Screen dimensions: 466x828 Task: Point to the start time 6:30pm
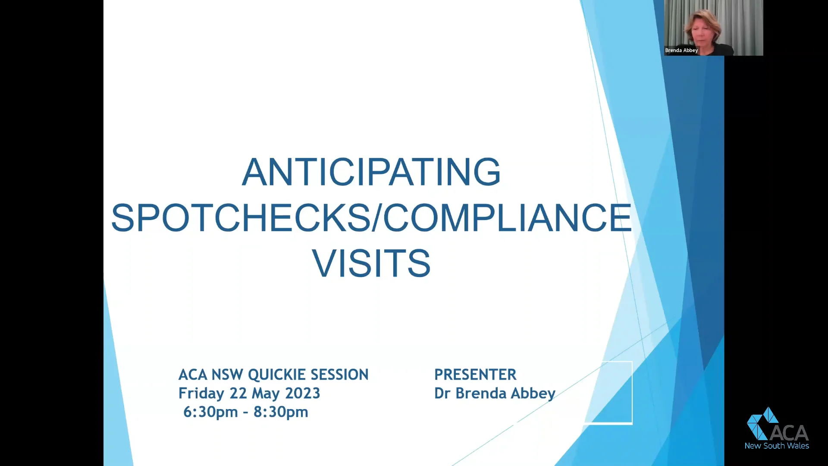pyautogui.click(x=210, y=412)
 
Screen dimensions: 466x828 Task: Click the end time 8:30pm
pyautogui.click(x=281, y=412)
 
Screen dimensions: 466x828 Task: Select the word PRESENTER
pyautogui.click(x=475, y=375)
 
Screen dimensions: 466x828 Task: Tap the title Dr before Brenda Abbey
pyautogui.click(x=442, y=393)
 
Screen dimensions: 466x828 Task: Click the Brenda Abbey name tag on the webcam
pyautogui.click(x=681, y=50)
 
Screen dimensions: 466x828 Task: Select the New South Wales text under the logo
pyautogui.click(x=777, y=446)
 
